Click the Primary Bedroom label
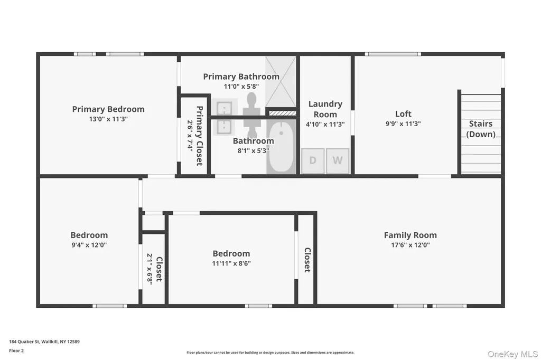coord(108,109)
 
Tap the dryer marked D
coord(313,160)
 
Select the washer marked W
coord(338,160)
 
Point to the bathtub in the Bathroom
coord(281,147)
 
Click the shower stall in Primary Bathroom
coord(281,82)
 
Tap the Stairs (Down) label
coord(481,129)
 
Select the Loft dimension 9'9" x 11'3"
coord(403,124)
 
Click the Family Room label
coord(410,235)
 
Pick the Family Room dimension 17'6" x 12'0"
coord(410,245)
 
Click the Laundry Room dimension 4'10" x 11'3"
coord(325,124)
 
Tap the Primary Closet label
coord(199,136)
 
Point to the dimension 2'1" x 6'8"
coord(150,269)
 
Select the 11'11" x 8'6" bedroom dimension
coord(231,263)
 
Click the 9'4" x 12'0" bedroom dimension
coord(89,245)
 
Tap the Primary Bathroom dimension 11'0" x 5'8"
coord(241,87)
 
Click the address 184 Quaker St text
coord(44,342)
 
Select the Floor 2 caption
coord(16,350)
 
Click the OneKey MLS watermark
coord(512,354)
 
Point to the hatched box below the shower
coord(282,113)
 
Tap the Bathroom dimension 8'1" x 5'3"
coord(253,150)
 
